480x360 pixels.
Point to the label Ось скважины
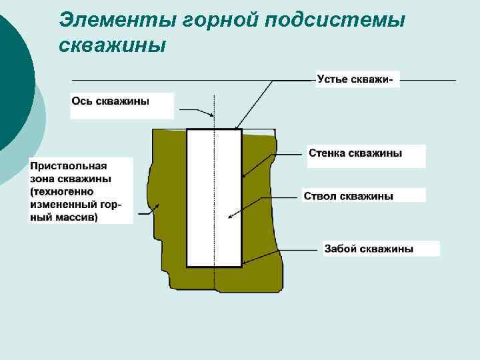(110, 101)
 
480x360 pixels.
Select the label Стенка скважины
(355, 153)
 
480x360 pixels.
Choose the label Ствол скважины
(348, 196)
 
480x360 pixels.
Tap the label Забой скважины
(369, 249)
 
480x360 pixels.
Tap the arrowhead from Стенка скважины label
(245, 176)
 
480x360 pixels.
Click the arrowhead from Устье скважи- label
(237, 127)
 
